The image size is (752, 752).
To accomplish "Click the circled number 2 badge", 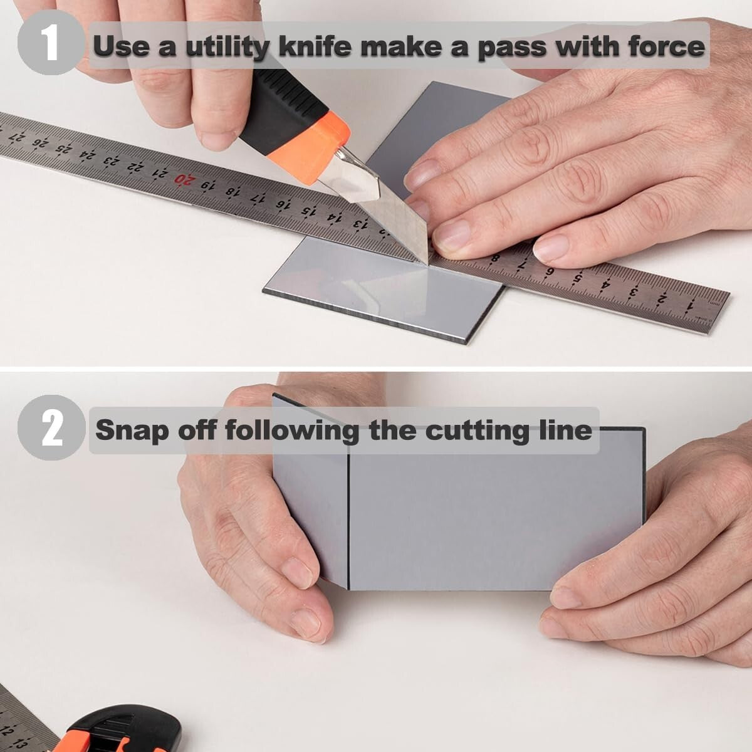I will pyautogui.click(x=51, y=431).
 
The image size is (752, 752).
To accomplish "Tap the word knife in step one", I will pyautogui.click(x=311, y=46).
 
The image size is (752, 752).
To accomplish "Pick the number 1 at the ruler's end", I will pyautogui.click(x=690, y=305).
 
